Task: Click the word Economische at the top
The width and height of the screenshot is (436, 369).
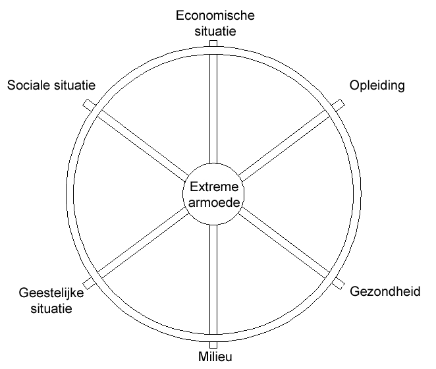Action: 213,14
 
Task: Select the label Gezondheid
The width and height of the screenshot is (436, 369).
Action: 384,291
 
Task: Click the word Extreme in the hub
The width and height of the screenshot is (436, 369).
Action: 213,186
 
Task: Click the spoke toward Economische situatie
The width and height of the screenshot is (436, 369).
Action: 213,105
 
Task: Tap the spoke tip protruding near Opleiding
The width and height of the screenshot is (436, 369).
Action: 339,104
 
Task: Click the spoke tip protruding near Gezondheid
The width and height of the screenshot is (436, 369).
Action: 339,283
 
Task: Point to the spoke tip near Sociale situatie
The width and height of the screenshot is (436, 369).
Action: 88,104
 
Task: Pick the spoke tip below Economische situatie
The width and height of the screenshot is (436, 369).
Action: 213,43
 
